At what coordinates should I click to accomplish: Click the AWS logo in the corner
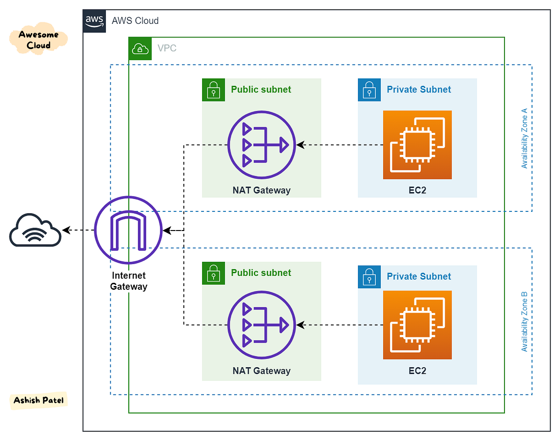[x=95, y=21]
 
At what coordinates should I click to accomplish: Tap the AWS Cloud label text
[x=135, y=21]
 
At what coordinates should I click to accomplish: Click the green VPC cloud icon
[x=140, y=48]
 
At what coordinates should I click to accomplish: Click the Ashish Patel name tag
[x=39, y=401]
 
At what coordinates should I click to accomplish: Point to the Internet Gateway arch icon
[x=128, y=230]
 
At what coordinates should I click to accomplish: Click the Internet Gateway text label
[x=128, y=281]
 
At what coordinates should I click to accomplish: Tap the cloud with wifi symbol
[x=35, y=230]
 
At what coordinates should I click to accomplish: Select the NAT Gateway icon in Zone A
[x=261, y=145]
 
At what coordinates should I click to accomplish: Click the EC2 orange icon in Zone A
[x=417, y=145]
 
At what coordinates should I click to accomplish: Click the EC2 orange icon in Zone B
[x=417, y=325]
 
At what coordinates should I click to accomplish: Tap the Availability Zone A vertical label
[x=524, y=139]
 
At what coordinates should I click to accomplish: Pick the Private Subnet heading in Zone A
[x=419, y=90]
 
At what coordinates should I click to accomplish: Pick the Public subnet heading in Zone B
[x=261, y=273]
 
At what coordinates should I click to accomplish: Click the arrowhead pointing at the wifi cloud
[x=66, y=230]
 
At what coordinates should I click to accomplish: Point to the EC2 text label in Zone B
[x=417, y=371]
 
